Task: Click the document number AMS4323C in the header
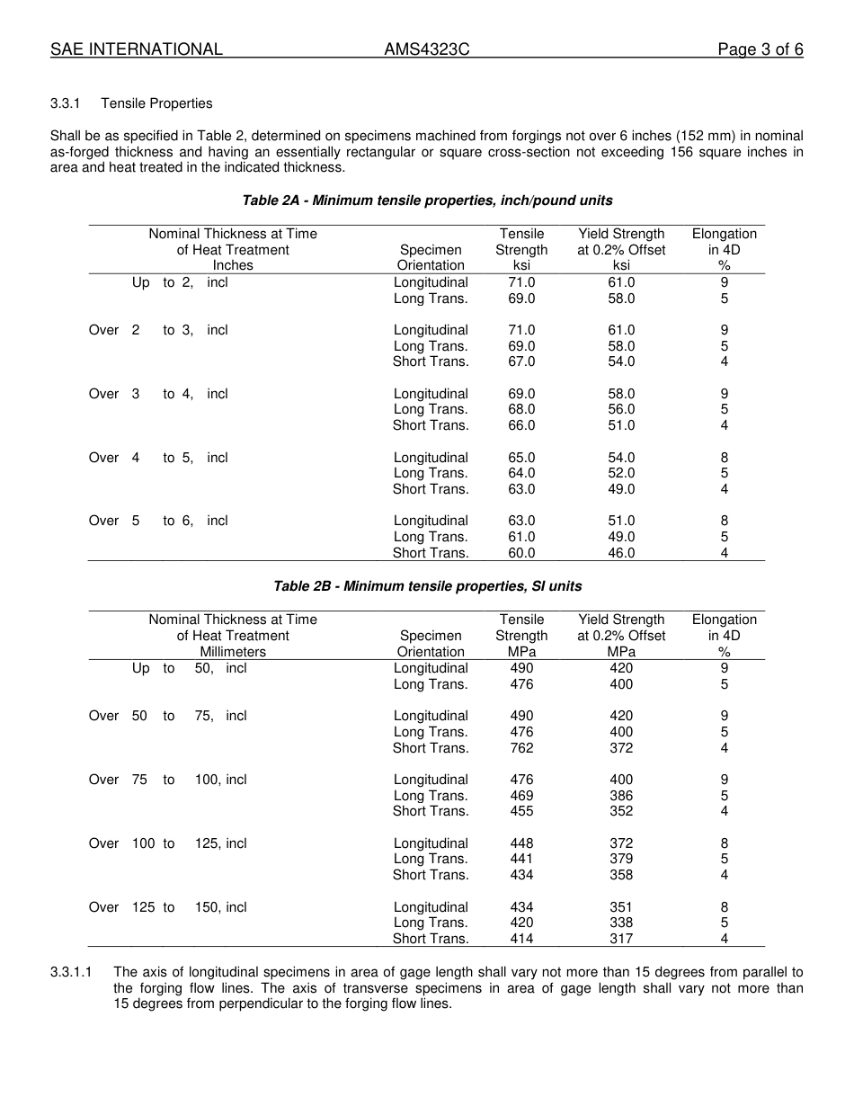click(x=427, y=49)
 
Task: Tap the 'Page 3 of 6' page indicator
click(x=760, y=49)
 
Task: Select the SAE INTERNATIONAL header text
click(x=137, y=49)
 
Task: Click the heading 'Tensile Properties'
click(x=156, y=103)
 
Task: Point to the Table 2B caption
click(x=427, y=586)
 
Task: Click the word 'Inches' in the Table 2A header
click(x=233, y=265)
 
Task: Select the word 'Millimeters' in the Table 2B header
click(x=233, y=652)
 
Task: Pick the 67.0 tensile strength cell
click(x=521, y=361)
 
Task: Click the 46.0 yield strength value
click(x=621, y=553)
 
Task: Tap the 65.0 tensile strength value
click(x=521, y=458)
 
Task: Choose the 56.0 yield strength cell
click(x=621, y=409)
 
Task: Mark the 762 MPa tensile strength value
click(x=521, y=748)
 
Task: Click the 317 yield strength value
click(x=621, y=939)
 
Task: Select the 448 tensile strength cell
click(x=521, y=843)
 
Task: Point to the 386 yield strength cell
click(x=621, y=796)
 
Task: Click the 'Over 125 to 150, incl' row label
click(x=167, y=907)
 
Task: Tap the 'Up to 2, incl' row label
click(x=180, y=282)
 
